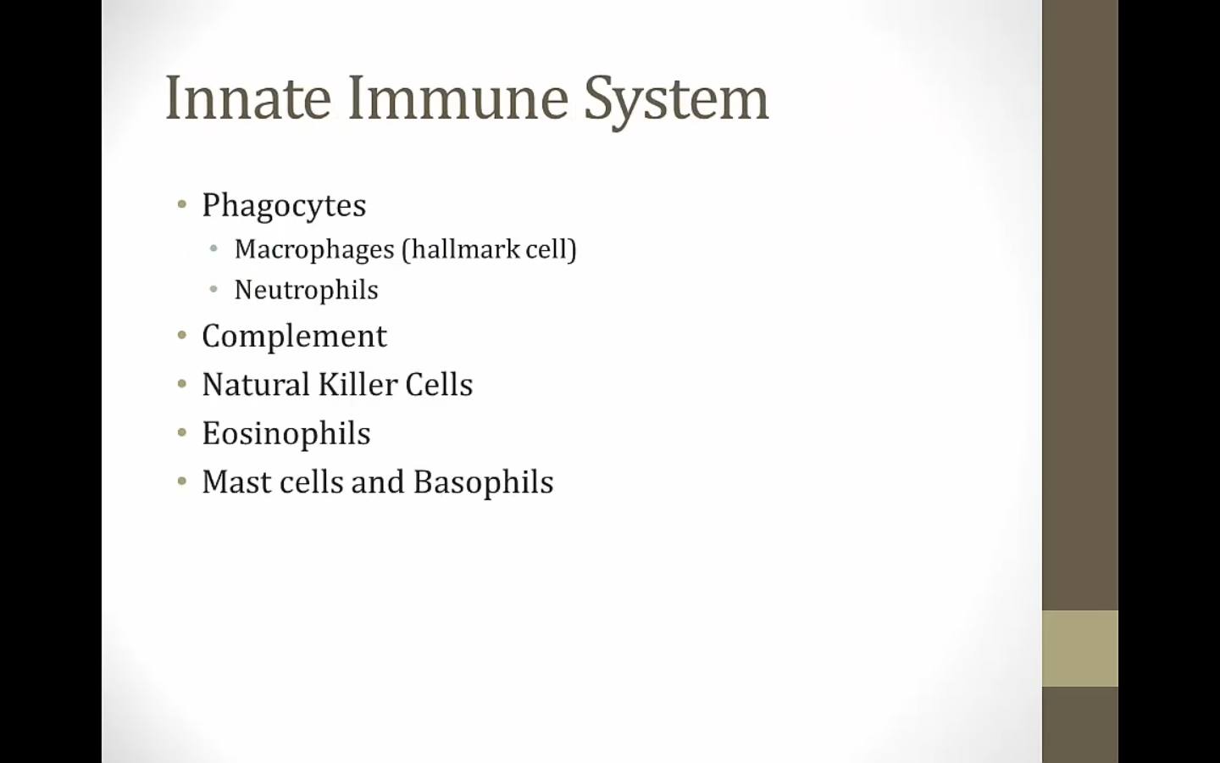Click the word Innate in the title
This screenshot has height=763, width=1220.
pos(248,98)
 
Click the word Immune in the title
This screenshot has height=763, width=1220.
pos(458,98)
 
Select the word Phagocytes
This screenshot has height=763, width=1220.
pos(284,206)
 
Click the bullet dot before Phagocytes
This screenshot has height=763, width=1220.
pos(182,205)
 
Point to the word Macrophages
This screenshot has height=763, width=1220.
pos(314,249)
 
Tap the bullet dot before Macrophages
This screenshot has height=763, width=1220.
pos(213,249)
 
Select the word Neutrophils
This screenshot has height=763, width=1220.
pos(306,289)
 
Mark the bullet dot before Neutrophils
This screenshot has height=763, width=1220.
pos(213,289)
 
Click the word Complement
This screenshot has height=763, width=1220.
pos(294,337)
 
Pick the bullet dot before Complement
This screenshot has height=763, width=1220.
pos(182,335)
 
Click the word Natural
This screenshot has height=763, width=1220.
pos(256,384)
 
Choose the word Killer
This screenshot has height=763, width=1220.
pos(358,384)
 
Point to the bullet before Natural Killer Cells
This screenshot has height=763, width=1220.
pos(182,384)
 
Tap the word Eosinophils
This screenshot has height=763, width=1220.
pos(286,434)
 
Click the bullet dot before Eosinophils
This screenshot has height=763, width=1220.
pos(182,432)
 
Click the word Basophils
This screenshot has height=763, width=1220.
pos(483,483)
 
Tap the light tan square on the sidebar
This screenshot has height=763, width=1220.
pos(1080,649)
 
